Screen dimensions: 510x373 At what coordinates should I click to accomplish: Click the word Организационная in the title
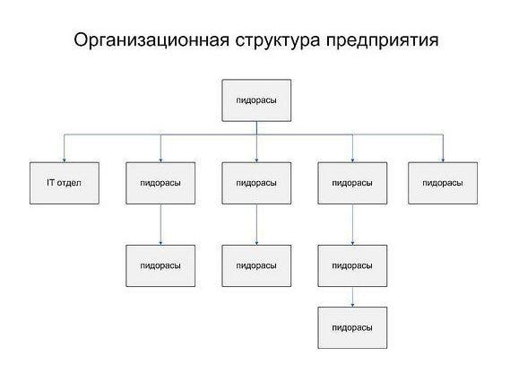pos(151,40)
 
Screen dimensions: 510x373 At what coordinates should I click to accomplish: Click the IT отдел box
pos(65,183)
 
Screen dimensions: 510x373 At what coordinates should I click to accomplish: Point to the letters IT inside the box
pos(51,182)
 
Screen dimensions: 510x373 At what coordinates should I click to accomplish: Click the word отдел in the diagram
pos(69,183)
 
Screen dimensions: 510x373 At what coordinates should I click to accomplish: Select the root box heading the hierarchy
pos(256,100)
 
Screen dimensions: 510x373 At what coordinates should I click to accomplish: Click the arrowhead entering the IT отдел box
pos(64,160)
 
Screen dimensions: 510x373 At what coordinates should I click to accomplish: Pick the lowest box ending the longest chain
pos(352,328)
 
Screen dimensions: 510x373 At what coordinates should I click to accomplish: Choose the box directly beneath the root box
pos(256,183)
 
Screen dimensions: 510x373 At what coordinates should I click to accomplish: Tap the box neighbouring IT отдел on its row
pos(160,183)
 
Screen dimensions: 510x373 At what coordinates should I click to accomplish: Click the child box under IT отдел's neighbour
pos(160,266)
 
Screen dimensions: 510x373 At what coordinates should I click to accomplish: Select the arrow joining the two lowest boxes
pos(352,297)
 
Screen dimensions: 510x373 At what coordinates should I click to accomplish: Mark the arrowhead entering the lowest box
pos(352,305)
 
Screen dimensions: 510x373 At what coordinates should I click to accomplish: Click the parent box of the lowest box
pos(352,266)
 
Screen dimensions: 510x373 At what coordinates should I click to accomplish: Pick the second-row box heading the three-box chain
pos(352,183)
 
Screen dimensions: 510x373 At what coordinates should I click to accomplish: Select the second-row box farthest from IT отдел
pos(443,183)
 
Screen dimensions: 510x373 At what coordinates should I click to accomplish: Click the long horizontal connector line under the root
pos(254,134)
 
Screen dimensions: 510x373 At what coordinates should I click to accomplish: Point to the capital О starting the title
pos(82,40)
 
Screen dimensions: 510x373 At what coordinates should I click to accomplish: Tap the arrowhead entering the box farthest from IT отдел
pos(443,160)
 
